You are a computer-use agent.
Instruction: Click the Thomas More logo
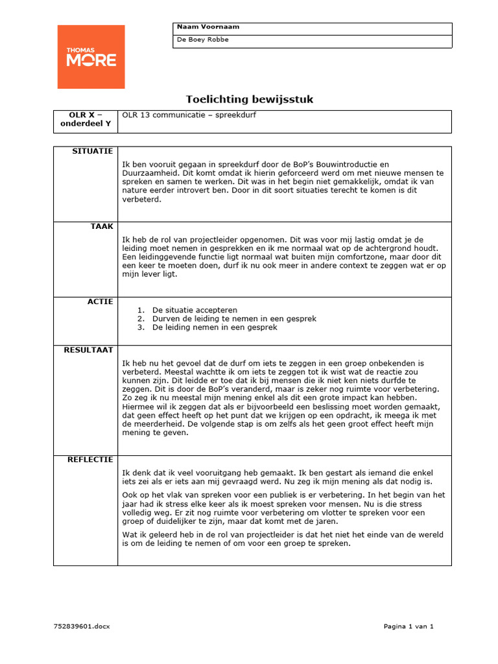pyautogui.click(x=91, y=57)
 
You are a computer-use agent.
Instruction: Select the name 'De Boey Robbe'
pyautogui.click(x=203, y=40)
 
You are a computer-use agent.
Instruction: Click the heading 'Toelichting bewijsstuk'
pyautogui.click(x=250, y=99)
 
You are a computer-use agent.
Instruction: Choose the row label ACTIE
pyautogui.click(x=102, y=302)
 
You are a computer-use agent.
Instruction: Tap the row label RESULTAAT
pyautogui.click(x=88, y=350)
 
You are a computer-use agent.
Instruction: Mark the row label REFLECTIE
pyautogui.click(x=90, y=460)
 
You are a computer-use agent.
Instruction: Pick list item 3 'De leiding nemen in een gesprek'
pyautogui.click(x=215, y=327)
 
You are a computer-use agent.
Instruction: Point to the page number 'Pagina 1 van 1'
pyautogui.click(x=409, y=626)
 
